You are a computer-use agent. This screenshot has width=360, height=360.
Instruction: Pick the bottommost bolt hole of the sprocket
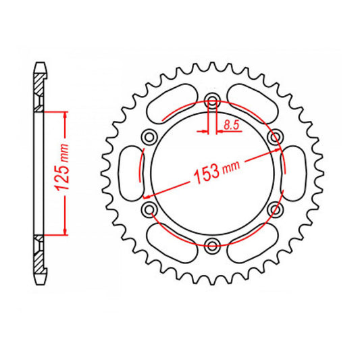pyautogui.click(x=212, y=244)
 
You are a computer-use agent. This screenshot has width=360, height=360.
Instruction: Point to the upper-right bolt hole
pyautogui.click(x=274, y=138)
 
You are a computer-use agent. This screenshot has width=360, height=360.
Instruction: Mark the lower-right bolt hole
pyautogui.click(x=274, y=209)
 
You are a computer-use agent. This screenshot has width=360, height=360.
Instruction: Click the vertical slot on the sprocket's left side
pyautogui.click(x=129, y=173)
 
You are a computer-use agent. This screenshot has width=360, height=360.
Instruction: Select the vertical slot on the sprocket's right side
pyautogui.click(x=294, y=173)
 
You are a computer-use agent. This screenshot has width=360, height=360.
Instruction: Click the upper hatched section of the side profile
pyautogui.click(x=41, y=88)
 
